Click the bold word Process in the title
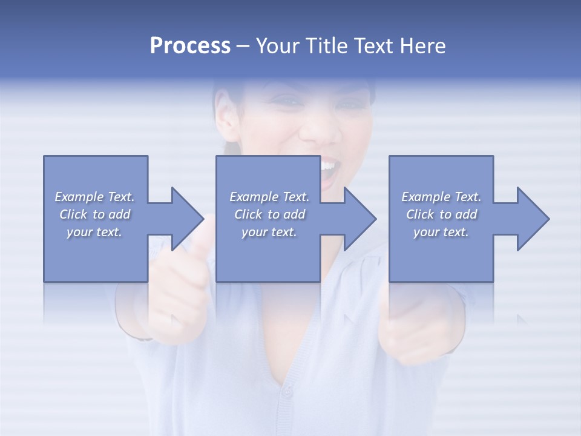[190, 46]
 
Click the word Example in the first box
[79, 197]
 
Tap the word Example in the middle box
[254, 197]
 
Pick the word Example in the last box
[425, 197]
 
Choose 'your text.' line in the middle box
[269, 232]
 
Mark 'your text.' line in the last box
[441, 232]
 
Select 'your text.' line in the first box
[94, 232]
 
